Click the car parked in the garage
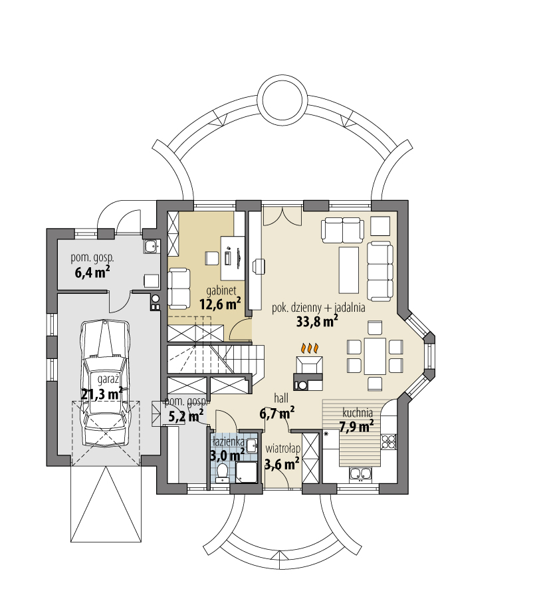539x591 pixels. pos(105,383)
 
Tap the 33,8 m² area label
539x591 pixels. pos(316,321)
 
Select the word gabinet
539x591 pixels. pos(221,291)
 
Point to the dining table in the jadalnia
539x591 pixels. pos(375,356)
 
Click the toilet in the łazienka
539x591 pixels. pos(223,473)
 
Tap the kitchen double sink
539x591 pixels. pos(360,475)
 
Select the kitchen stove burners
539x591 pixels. pos(389,441)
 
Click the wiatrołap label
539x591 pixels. pos(282,449)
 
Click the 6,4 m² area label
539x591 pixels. pos(92,271)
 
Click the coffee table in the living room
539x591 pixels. pos(349,270)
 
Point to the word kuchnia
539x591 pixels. pos(358,413)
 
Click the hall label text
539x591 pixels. pos(281,398)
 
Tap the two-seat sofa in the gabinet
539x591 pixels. pos(179,287)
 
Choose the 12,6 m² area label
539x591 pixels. pos(220,303)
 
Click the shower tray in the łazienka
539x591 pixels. pos(247,472)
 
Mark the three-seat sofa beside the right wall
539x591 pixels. pos(380,271)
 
